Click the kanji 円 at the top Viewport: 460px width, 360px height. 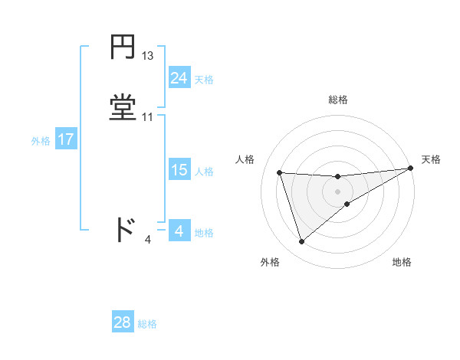[123, 48]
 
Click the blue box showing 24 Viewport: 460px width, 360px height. [179, 77]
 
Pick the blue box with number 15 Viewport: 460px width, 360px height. [179, 170]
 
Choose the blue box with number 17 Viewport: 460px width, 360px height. [65, 139]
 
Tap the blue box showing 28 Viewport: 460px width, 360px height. [122, 322]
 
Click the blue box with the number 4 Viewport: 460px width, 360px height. [179, 231]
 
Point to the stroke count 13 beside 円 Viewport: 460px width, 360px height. [148, 56]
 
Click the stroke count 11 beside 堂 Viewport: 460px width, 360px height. [148, 117]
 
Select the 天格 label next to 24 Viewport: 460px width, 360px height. [204, 80]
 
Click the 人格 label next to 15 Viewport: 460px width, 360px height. [204, 172]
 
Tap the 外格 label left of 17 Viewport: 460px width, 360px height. [40, 141]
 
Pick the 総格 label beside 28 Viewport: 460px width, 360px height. [147, 324]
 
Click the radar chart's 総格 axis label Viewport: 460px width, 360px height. [338, 100]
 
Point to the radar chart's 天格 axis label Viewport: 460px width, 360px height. [431, 159]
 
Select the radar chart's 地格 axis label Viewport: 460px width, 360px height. [402, 262]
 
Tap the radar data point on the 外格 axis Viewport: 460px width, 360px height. [301, 242]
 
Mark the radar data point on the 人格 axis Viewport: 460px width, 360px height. [280, 172]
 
